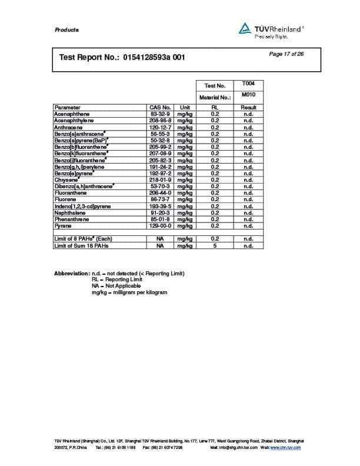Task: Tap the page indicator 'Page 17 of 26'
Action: (x=286, y=54)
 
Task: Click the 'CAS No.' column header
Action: (x=160, y=108)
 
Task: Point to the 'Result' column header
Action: (x=248, y=108)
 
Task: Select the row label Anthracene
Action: (x=66, y=127)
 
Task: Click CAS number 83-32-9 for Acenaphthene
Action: (x=160, y=114)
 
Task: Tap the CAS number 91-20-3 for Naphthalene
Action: (x=160, y=212)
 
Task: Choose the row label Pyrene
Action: (x=62, y=225)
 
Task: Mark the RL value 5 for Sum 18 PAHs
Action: (x=215, y=245)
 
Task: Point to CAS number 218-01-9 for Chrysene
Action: (x=160, y=179)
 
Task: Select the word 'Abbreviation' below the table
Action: (x=71, y=274)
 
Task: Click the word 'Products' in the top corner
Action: (x=66, y=30)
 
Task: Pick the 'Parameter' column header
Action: (x=68, y=108)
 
